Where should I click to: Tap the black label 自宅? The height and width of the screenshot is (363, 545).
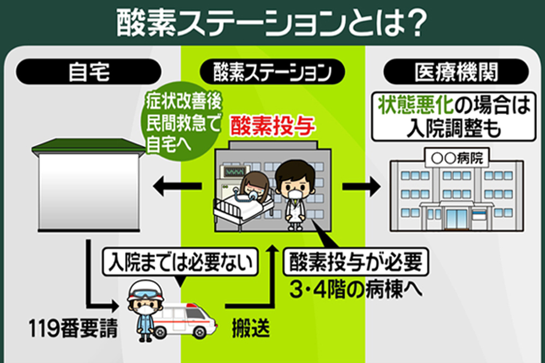(88, 71)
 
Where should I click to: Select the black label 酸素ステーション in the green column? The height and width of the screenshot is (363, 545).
(272, 71)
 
